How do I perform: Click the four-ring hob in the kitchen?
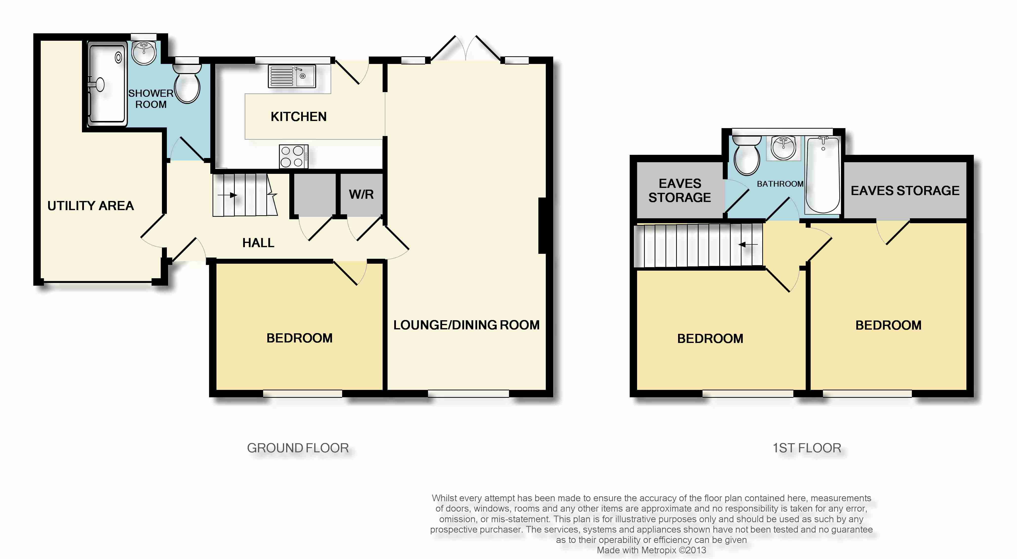point(293,156)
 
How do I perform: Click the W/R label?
point(361,194)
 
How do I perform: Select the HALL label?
point(258,243)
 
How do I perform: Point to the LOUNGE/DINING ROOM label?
point(466,325)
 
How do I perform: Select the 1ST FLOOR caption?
point(807,448)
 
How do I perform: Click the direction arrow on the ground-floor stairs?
point(227,195)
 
